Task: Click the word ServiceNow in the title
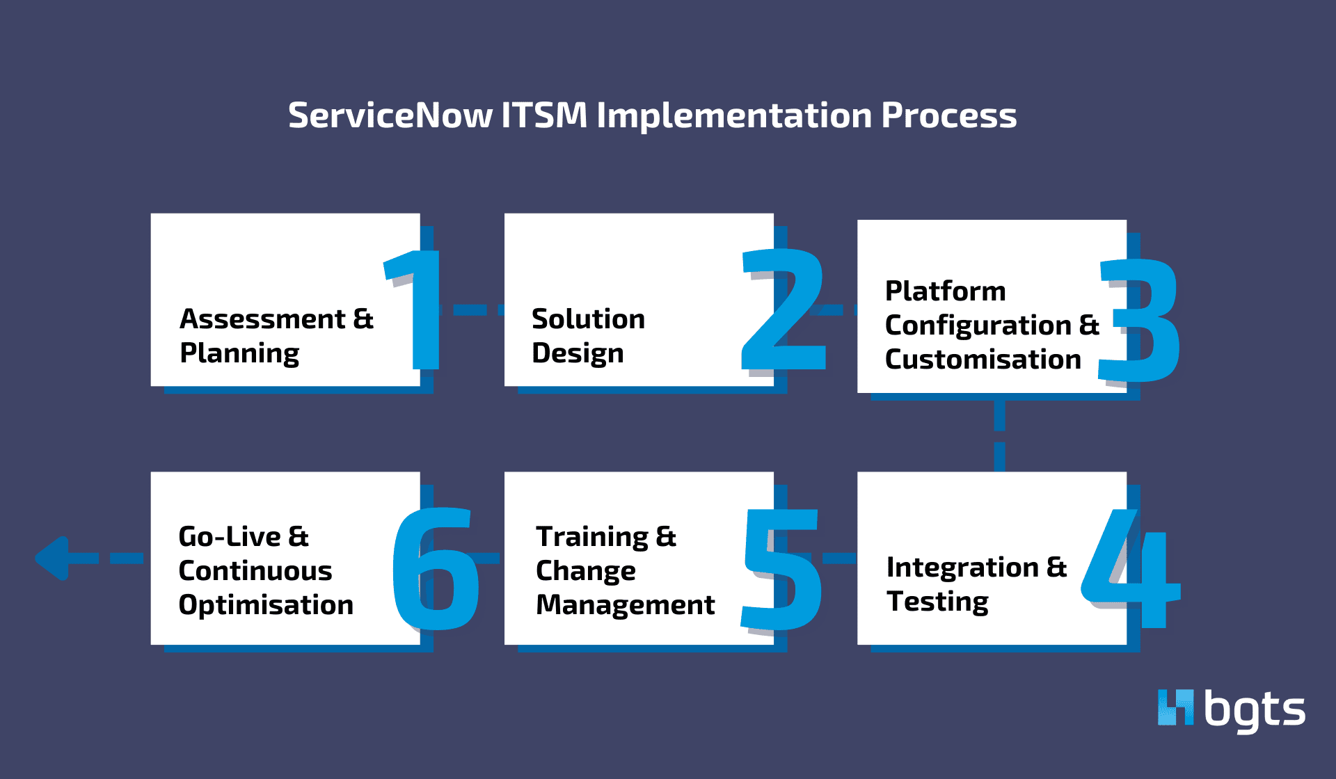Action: pos(390,115)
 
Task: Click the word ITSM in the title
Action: pos(544,115)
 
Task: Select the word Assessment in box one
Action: pos(262,319)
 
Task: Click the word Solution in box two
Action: pos(588,319)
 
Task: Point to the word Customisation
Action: pos(983,360)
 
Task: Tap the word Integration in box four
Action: pos(962,568)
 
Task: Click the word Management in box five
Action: pos(625,605)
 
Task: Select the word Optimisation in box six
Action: pos(266,605)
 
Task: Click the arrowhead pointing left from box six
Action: pos(53,558)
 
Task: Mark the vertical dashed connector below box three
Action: pos(999,433)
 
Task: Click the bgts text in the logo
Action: pos(1254,711)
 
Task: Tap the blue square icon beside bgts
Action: pos(1175,707)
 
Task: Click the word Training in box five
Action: pos(592,537)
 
